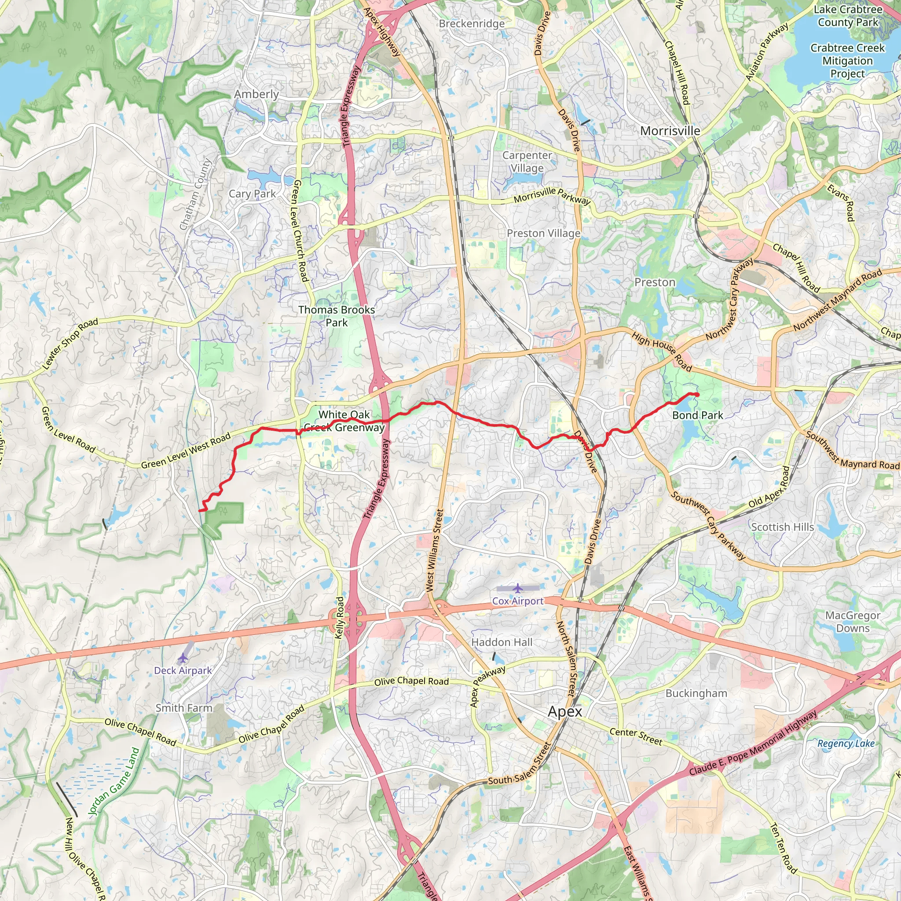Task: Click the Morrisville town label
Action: [x=670, y=131]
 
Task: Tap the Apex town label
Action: [x=565, y=712]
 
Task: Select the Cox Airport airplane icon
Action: [x=517, y=588]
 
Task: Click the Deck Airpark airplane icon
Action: [x=182, y=658]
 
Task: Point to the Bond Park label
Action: [x=697, y=415]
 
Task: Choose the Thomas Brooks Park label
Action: [x=336, y=316]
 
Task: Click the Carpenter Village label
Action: [x=527, y=161]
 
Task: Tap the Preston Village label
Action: [x=543, y=233]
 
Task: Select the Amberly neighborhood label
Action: [x=256, y=94]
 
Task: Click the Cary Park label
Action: [x=252, y=194]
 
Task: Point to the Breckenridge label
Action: [x=472, y=24]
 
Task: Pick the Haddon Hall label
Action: [x=502, y=642]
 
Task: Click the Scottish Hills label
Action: [x=782, y=527]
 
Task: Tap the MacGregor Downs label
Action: [x=853, y=622]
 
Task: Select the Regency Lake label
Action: [x=846, y=744]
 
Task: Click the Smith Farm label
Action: [x=184, y=708]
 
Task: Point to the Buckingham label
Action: [x=696, y=693]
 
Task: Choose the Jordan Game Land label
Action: [x=114, y=781]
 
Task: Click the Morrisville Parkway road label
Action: [x=552, y=195]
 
